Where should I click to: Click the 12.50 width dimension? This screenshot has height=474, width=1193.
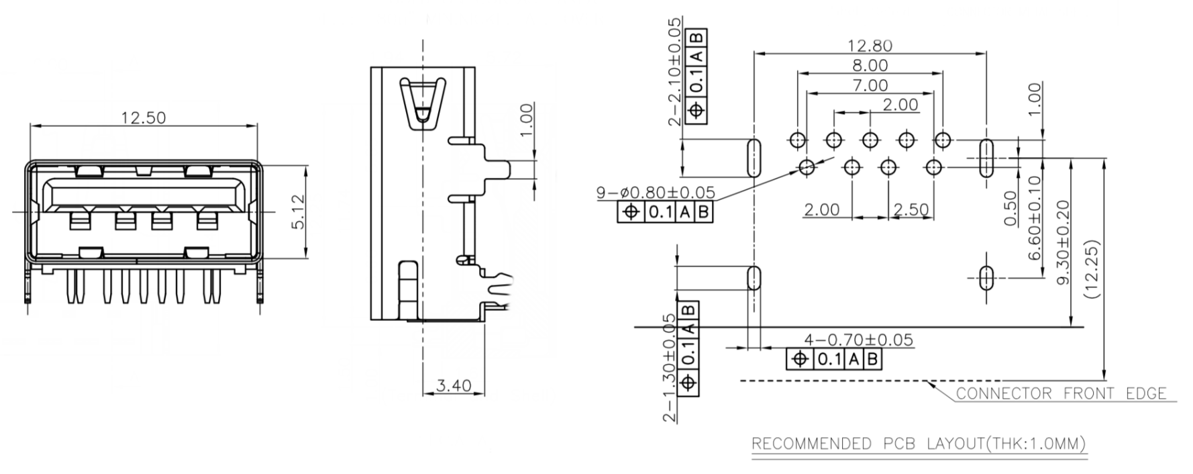[x=143, y=118]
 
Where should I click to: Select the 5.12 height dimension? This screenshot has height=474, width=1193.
[x=298, y=211]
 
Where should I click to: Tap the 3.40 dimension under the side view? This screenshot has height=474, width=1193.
[x=453, y=386]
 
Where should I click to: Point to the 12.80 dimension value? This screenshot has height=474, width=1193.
[x=870, y=46]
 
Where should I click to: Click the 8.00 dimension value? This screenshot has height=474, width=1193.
[x=870, y=66]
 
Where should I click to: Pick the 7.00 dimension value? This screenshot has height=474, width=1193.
[x=870, y=86]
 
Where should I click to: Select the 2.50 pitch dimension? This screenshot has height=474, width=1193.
[x=911, y=209]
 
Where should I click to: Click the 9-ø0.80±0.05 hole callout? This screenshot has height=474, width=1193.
[x=656, y=193]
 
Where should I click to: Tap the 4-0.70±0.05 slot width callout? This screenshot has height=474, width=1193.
[x=858, y=340]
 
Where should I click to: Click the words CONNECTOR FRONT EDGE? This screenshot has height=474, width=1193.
[x=1061, y=394]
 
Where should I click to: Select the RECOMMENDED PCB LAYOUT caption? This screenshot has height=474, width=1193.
[x=919, y=444]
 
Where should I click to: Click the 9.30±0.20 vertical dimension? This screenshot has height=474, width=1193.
[x=1063, y=242]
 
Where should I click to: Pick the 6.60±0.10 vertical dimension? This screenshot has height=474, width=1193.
[x=1034, y=218]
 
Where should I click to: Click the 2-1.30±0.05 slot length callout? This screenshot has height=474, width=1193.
[x=669, y=368]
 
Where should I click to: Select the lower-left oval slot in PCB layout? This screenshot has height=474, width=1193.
[x=754, y=277]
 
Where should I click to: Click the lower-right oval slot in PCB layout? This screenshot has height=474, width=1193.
[x=986, y=277]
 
